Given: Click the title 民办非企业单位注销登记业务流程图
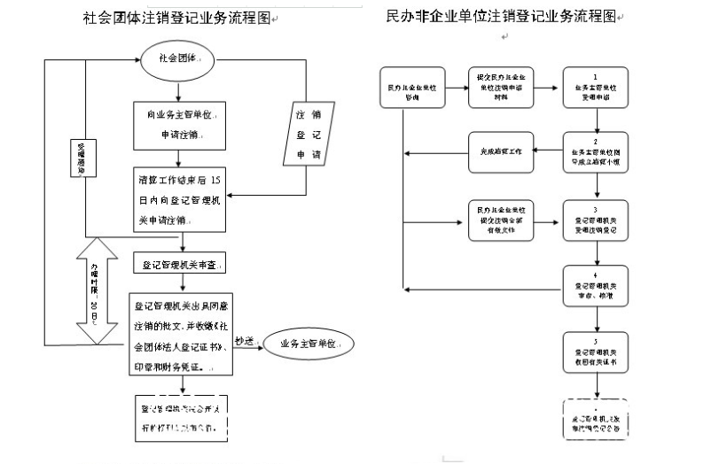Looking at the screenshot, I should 500,17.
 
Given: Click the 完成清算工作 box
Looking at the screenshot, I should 501,151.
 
